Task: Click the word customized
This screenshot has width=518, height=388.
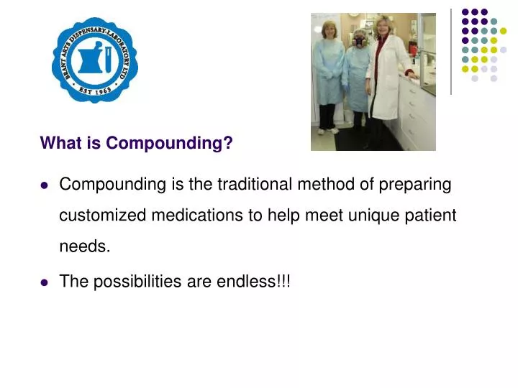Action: (x=102, y=216)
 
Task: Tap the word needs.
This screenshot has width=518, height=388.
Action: (x=84, y=246)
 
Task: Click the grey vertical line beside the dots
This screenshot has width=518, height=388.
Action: (x=451, y=50)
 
